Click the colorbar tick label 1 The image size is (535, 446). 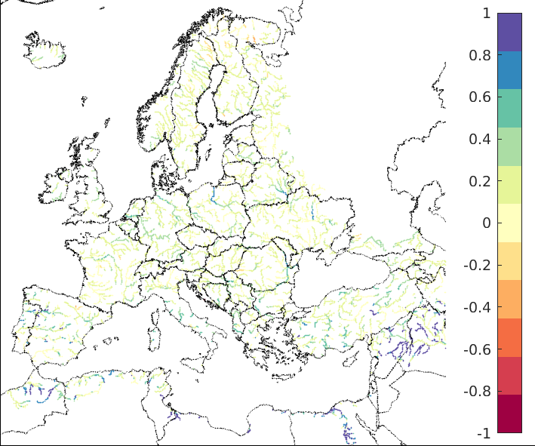click(x=486, y=14)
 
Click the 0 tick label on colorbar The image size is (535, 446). click(x=486, y=223)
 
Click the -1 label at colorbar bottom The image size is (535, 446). click(x=484, y=434)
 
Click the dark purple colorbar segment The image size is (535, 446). click(x=509, y=32)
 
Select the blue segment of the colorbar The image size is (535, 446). click(x=509, y=70)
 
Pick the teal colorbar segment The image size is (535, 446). click(x=509, y=108)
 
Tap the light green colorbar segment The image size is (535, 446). click(x=509, y=146)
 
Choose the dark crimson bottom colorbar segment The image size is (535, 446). click(x=509, y=414)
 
